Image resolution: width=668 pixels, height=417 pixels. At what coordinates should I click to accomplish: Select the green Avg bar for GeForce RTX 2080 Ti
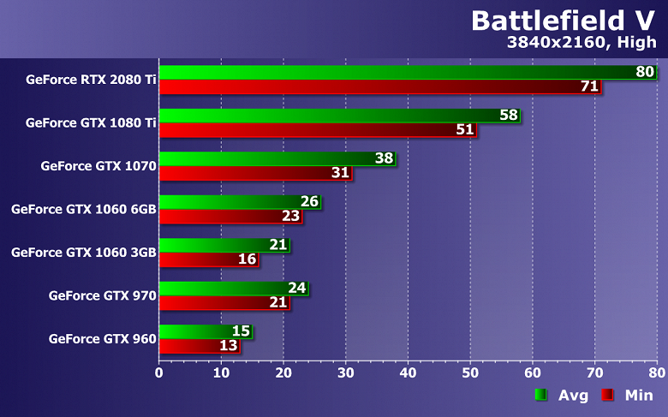(394, 73)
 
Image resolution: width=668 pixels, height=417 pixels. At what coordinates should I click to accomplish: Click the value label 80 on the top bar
(645, 72)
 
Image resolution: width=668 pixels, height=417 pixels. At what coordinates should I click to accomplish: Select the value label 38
(385, 158)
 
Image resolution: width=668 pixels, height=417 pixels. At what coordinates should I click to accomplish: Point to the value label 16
(247, 259)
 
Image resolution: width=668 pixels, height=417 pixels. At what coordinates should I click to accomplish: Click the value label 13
(228, 346)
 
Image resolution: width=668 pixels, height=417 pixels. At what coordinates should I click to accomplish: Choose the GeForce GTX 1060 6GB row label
(83, 209)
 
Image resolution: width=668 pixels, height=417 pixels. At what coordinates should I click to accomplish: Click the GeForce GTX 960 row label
(103, 338)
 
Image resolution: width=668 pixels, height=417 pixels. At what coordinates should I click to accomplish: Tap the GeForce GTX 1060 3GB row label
(83, 252)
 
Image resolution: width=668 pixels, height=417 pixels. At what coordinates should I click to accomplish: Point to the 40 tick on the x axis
(408, 372)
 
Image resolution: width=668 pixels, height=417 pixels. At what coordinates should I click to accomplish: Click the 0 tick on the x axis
(159, 372)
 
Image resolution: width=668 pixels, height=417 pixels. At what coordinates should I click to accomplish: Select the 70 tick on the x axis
(594, 372)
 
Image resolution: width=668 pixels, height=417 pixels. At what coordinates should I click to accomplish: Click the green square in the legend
(540, 395)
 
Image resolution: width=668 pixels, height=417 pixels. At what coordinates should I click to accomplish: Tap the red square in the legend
(607, 395)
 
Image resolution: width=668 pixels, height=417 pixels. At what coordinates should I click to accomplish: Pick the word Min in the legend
(639, 395)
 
